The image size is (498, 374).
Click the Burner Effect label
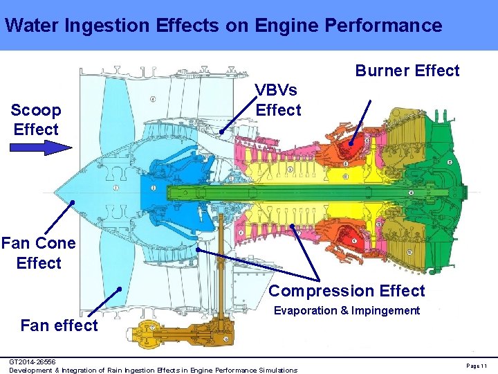407,71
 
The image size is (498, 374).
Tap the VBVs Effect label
278,100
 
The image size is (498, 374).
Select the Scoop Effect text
36,119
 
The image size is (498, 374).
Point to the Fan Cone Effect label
39,253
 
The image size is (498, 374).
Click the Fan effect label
59,325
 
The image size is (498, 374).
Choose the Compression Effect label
347,291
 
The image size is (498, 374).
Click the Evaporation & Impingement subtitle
347,310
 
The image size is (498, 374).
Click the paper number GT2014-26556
33,362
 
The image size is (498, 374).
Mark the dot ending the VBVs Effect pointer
221,132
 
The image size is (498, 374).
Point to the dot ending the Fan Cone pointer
71,203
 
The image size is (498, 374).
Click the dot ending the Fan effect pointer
120,288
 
